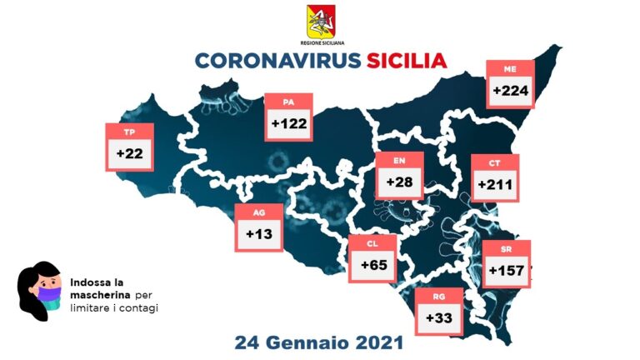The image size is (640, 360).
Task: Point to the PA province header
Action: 288,102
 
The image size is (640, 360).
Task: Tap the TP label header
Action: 129,132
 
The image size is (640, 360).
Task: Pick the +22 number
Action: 130,154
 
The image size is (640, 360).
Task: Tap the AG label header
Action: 260,212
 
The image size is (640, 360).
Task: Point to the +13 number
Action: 259,234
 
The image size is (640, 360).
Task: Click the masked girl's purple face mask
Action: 48,294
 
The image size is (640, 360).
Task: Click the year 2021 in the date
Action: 376,342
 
